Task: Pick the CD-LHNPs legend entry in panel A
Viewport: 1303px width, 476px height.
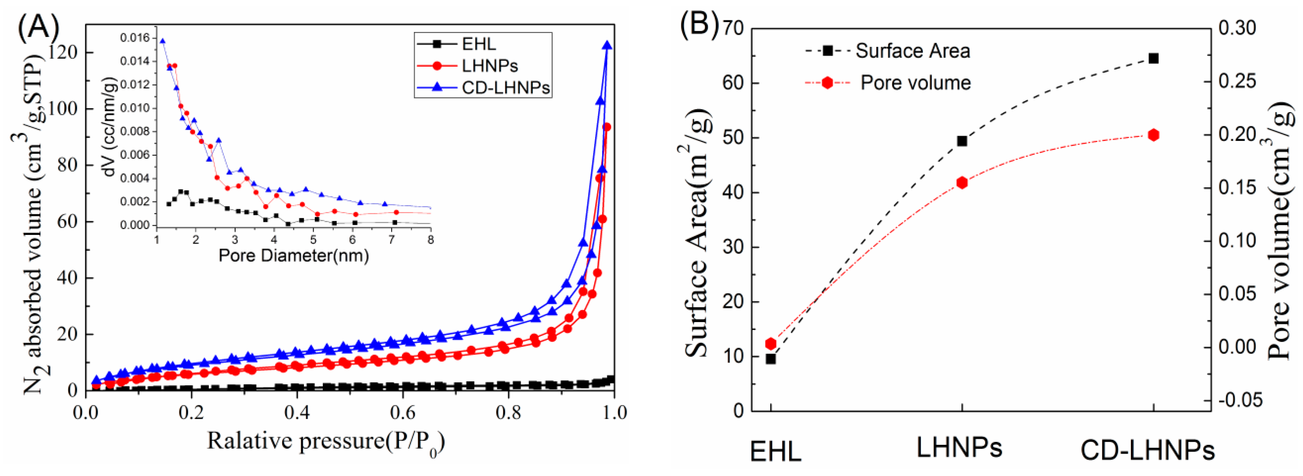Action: (505, 88)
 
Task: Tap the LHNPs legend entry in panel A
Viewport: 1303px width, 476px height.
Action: (490, 66)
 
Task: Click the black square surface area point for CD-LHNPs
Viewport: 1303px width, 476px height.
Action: (1154, 59)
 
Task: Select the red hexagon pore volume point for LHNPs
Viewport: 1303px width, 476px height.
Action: (962, 183)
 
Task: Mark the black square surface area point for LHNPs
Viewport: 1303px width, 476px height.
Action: (962, 141)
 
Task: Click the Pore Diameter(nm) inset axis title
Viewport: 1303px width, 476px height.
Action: (293, 256)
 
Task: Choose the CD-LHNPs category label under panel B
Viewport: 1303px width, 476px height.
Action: (1147, 450)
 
